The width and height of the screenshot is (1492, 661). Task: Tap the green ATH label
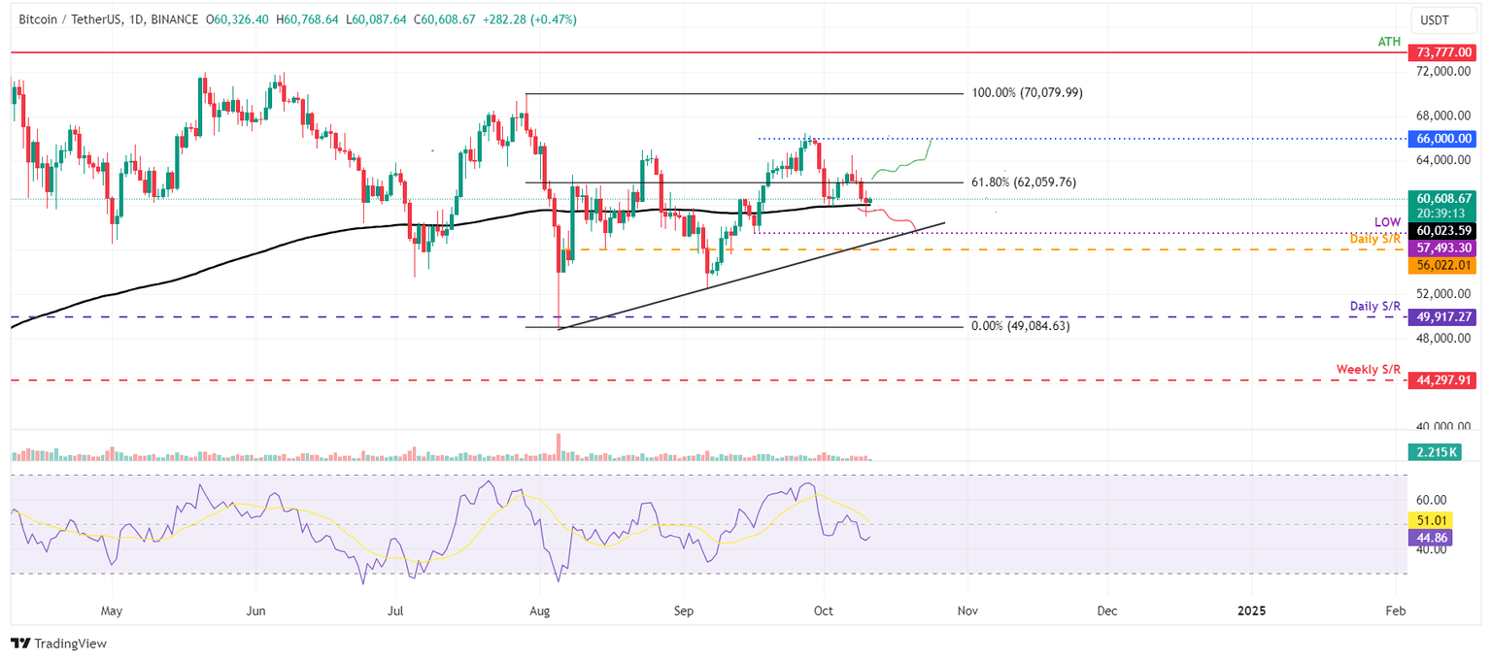click(x=1389, y=42)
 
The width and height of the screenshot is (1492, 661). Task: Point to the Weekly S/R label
click(x=1369, y=370)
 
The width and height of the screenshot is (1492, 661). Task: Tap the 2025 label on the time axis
click(x=1251, y=611)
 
